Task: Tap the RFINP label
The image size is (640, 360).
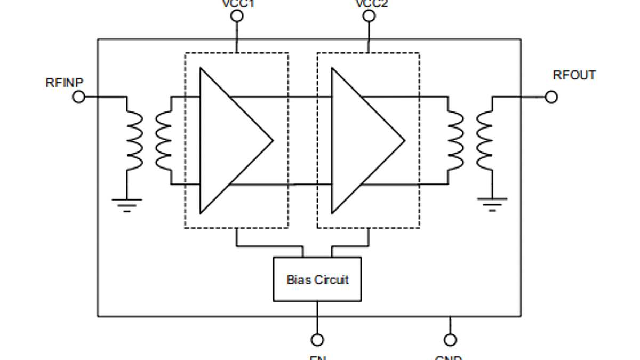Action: coord(65,83)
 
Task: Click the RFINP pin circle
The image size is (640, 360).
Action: coord(78,97)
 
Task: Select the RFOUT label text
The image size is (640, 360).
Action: coord(574,75)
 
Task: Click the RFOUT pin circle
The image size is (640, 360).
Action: coord(551,97)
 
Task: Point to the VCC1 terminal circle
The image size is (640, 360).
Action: coord(237,16)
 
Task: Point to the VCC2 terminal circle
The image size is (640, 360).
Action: coord(369,16)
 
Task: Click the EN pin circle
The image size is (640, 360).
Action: coord(317,340)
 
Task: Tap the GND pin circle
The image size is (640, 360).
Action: coord(450,340)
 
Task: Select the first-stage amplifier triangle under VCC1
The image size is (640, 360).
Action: coord(229,141)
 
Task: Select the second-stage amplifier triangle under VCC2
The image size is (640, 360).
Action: coord(361,141)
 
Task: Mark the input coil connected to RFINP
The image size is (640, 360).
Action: coord(134,141)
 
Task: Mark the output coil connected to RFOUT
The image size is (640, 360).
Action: coord(485,141)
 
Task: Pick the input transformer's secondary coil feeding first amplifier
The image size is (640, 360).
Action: coord(163,141)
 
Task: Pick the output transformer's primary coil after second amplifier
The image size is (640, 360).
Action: coord(456,141)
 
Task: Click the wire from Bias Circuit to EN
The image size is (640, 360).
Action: coord(317,318)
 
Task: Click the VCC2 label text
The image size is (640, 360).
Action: coord(371,4)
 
